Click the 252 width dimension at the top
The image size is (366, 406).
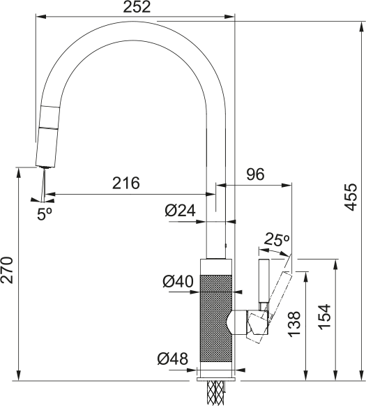coord(137,8)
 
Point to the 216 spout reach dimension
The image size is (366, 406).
coord(125,183)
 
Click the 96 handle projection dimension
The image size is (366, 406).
coord(255,174)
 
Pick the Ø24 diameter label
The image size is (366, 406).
coord(179,210)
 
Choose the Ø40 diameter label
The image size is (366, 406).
coord(178,282)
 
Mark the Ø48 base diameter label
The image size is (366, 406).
coord(172,359)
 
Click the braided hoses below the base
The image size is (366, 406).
coord(216,393)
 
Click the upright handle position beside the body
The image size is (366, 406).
coord(264,283)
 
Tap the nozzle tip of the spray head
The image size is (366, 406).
coord(45,167)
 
